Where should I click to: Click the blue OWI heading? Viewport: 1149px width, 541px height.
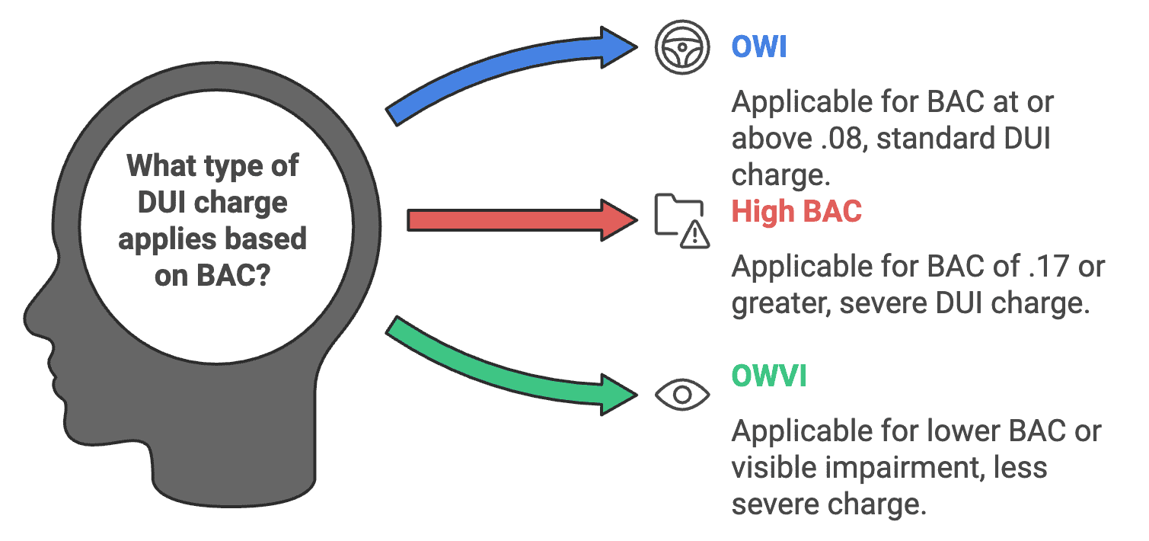click(758, 47)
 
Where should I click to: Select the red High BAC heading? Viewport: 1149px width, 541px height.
click(796, 211)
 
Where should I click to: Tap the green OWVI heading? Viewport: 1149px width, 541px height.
click(768, 376)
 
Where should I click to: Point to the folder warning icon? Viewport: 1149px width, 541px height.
click(682, 221)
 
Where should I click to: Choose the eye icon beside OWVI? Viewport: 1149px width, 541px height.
click(682, 394)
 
